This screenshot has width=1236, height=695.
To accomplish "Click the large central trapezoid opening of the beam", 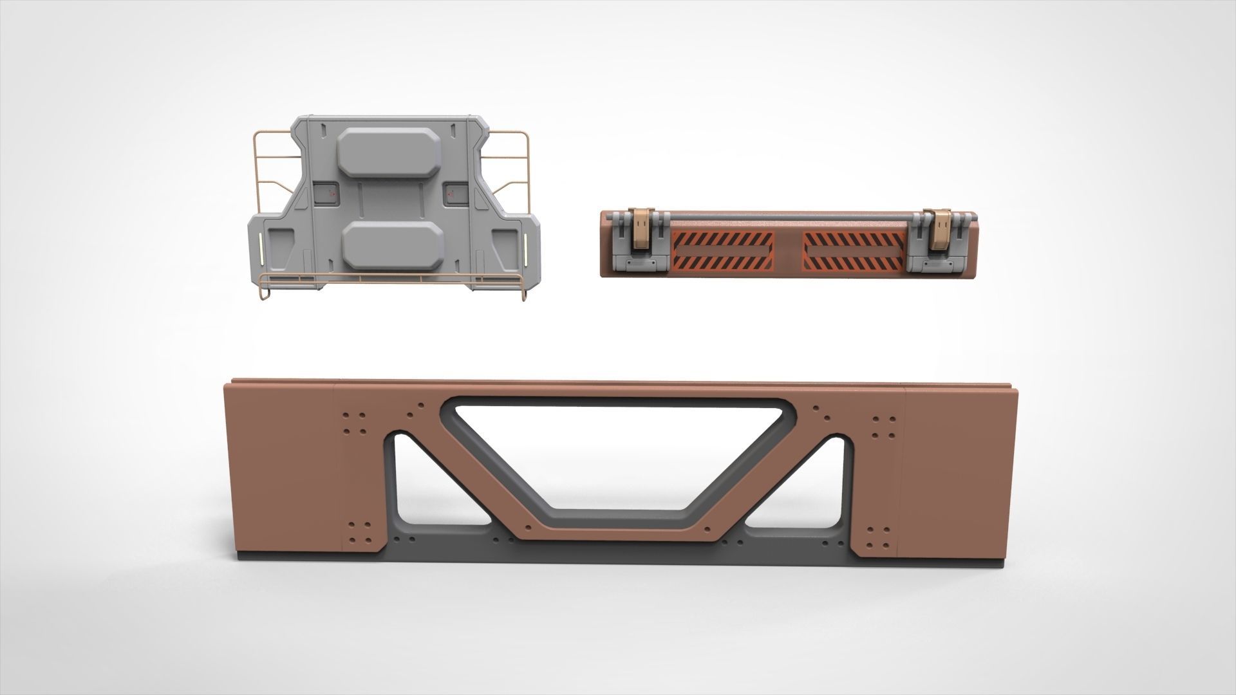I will pos(618,450).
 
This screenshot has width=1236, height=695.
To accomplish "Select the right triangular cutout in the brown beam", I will pos(814,489).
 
